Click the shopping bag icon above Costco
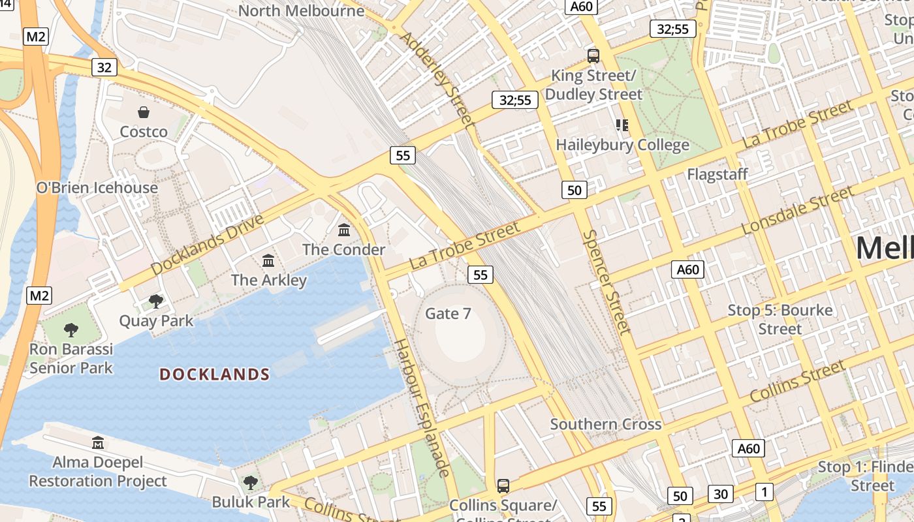tap(144, 112)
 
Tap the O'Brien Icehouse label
tap(97, 188)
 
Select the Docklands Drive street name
tap(208, 244)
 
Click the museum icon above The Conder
tap(344, 230)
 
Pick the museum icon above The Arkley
tap(268, 261)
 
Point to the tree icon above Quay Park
tap(156, 301)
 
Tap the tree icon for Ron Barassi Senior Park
tap(71, 330)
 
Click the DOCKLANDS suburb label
tap(215, 375)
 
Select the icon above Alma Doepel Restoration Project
tap(98, 443)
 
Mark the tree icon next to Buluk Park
tap(250, 483)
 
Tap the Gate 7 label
tap(448, 314)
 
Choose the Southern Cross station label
tap(606, 424)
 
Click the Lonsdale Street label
tap(798, 211)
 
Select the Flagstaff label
tap(717, 175)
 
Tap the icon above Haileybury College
tap(622, 125)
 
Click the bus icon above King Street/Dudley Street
tap(593, 56)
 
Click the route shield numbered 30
tap(720, 494)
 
